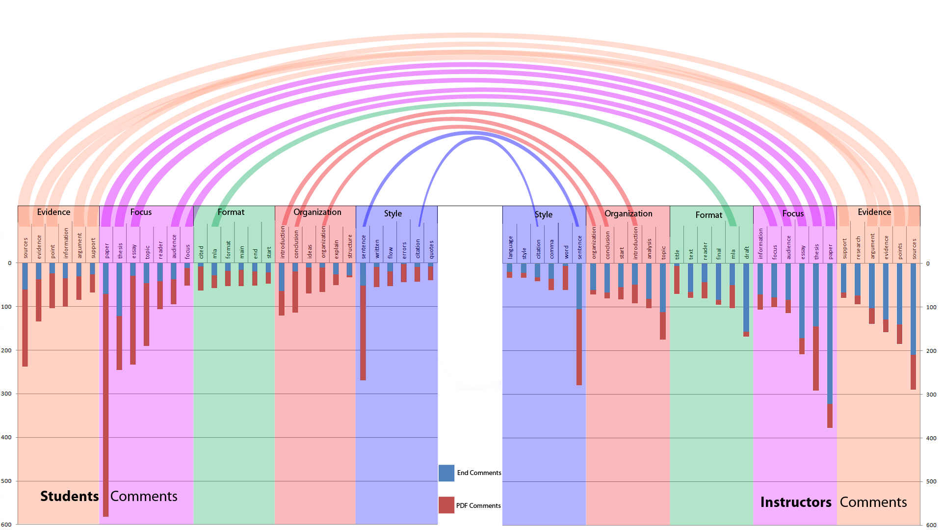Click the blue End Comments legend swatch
[446, 473]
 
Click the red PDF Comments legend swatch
[446, 505]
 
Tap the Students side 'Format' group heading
[231, 212]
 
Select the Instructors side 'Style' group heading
[543, 214]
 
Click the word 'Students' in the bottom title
[70, 496]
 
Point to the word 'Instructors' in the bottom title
[796, 502]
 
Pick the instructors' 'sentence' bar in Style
[579, 324]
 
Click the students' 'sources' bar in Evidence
[25, 315]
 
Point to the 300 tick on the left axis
[6, 394]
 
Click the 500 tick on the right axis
[931, 481]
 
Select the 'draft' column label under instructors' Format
[747, 252]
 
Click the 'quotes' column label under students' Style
[431, 249]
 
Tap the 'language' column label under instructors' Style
[510, 247]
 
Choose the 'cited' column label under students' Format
[201, 252]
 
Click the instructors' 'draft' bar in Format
[746, 300]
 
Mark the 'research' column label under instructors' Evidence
[858, 248]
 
